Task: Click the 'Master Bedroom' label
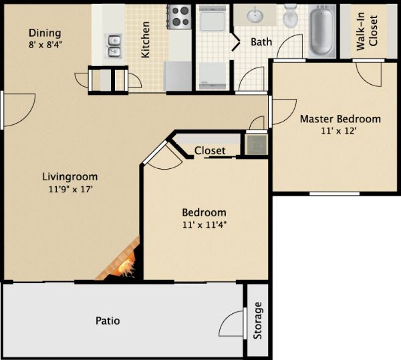pyautogui.click(x=340, y=119)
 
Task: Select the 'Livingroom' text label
pyautogui.click(x=70, y=177)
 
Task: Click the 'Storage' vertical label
pyautogui.click(x=259, y=321)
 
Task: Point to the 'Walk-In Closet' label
pyautogui.click(x=366, y=30)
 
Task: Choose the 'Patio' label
pyautogui.click(x=107, y=321)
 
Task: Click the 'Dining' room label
pyautogui.click(x=45, y=33)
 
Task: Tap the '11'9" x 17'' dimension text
pyautogui.click(x=70, y=189)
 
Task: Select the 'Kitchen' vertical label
pyautogui.click(x=146, y=39)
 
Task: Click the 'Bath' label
pyautogui.click(x=261, y=42)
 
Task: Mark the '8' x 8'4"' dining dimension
pyautogui.click(x=45, y=45)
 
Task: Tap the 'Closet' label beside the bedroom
pyautogui.click(x=210, y=151)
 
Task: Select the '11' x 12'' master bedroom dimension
pyautogui.click(x=340, y=131)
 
